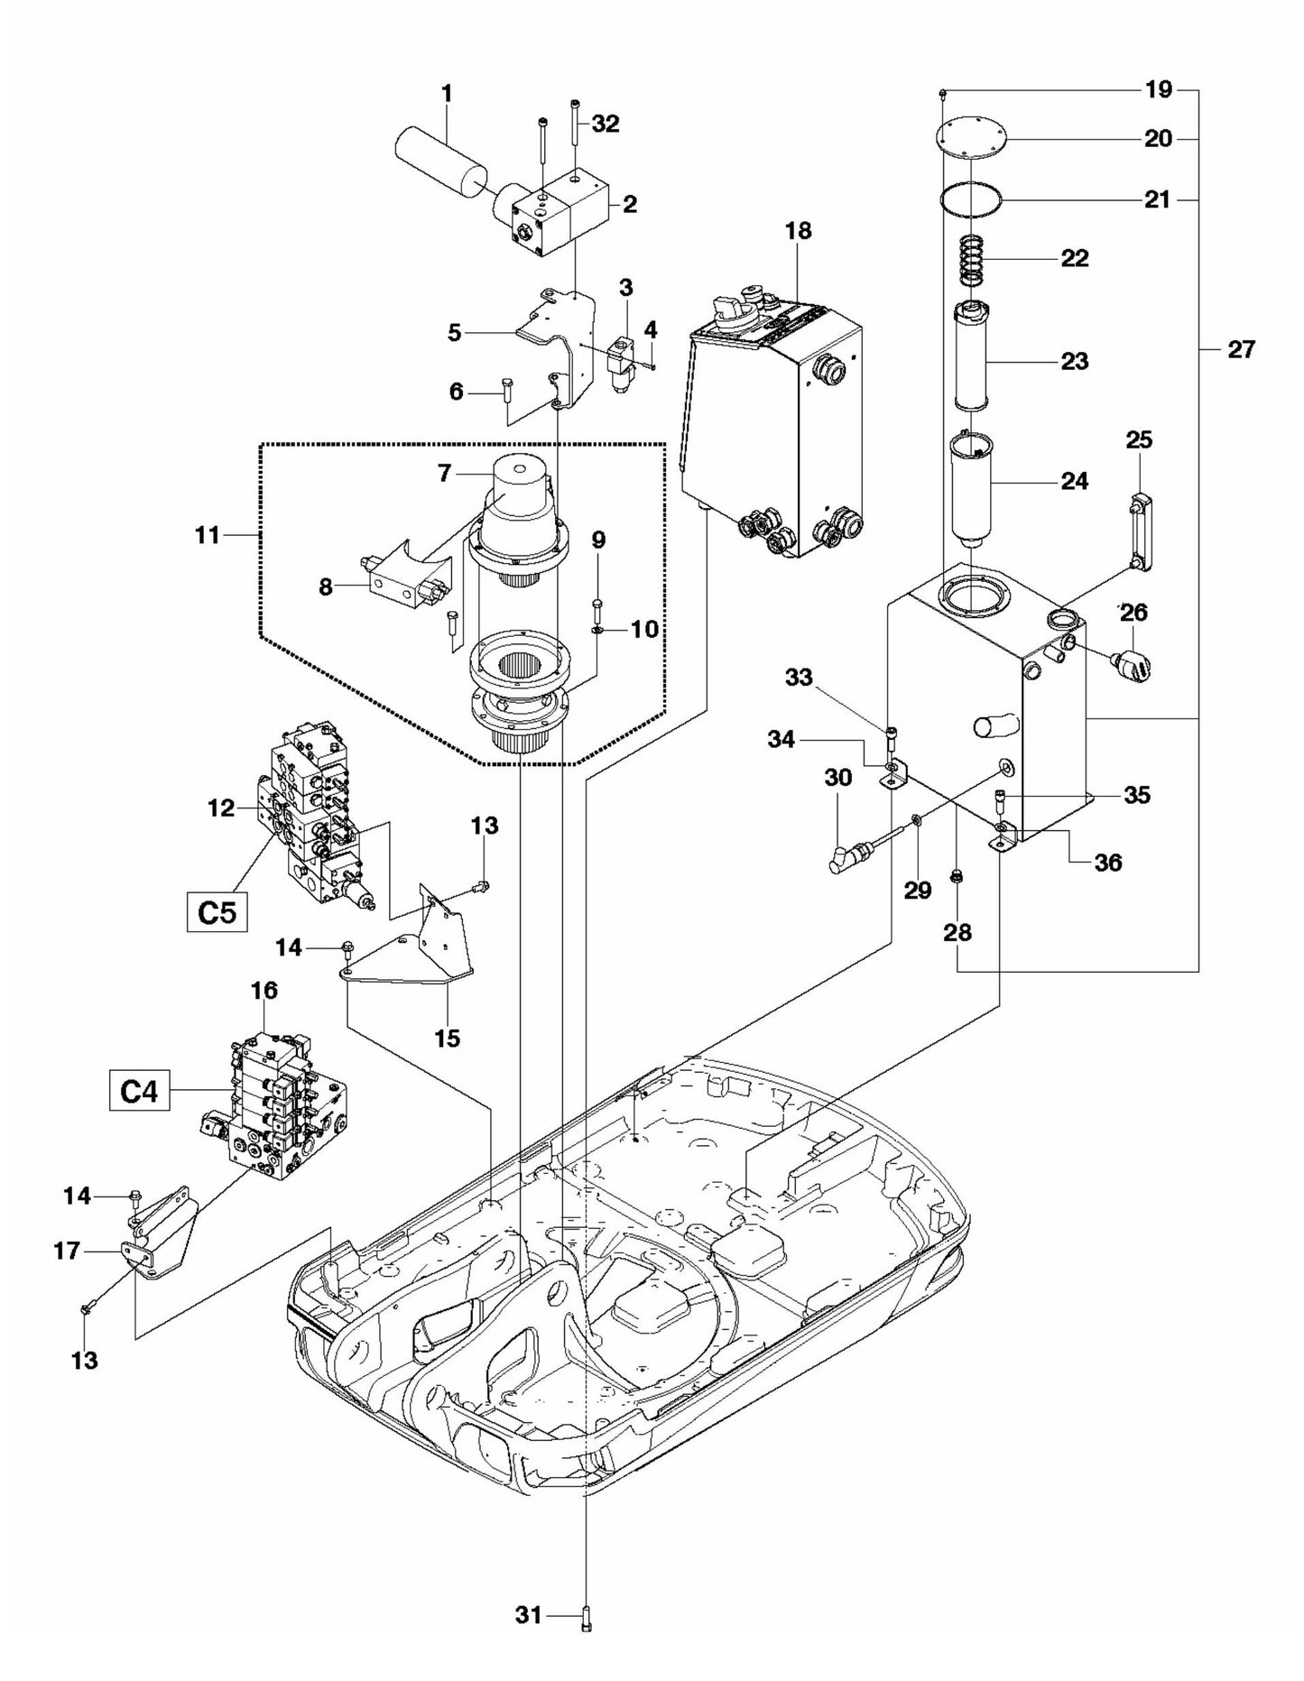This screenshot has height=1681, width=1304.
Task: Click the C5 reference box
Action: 217,912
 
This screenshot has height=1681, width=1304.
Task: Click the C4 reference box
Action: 140,1093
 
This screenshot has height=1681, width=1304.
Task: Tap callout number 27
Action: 1241,349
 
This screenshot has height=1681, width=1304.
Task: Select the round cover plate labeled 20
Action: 971,140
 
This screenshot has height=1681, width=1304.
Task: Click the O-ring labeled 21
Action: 971,199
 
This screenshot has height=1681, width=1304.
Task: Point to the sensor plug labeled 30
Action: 845,859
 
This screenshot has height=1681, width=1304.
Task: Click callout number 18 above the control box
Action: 798,231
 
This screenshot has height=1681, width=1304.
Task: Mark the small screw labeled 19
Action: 942,93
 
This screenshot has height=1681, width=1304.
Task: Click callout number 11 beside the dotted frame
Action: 208,535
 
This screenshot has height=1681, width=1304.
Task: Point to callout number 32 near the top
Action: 606,125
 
